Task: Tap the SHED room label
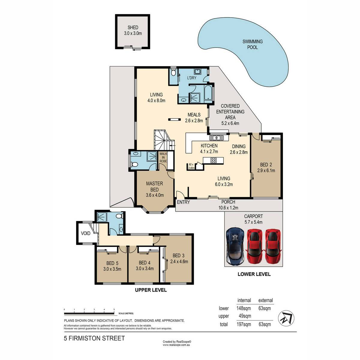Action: (133, 28)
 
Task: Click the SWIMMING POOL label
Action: (252, 44)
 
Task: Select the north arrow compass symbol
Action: (286, 318)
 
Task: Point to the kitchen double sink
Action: (216, 138)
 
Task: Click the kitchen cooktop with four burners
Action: (213, 160)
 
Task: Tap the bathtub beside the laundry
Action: (208, 93)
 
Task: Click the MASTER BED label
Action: (154, 186)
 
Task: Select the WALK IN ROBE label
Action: (163, 157)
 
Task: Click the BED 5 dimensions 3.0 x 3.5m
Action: (112, 269)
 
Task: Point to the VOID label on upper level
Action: (85, 233)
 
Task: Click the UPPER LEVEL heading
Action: (151, 290)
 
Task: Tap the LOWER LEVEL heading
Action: (254, 274)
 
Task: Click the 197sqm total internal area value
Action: (244, 324)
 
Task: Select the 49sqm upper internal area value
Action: (245, 316)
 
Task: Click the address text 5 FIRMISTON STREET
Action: (94, 338)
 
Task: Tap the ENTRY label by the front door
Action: (183, 202)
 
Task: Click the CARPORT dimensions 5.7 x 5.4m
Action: (253, 222)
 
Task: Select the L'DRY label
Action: (192, 78)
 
